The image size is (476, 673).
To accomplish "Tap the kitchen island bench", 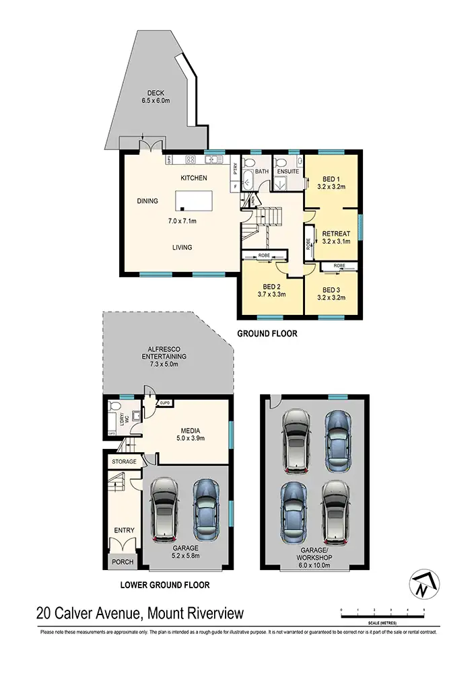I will point(194,201).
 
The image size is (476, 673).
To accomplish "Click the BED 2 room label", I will point(271,290).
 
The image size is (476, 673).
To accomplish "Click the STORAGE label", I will point(125,462).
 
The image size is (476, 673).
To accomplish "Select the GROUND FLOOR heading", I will point(266,333).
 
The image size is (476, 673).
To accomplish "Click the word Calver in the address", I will point(87,614).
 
